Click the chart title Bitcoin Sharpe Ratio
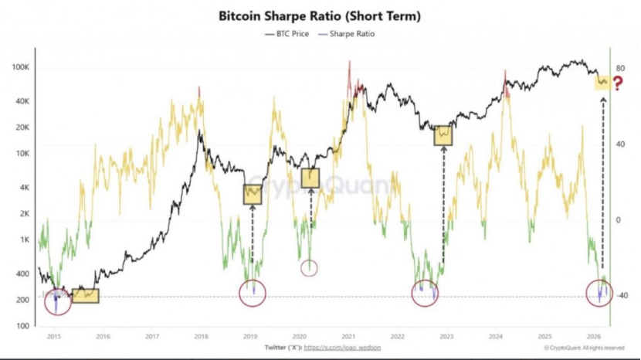pyautogui.click(x=320, y=15)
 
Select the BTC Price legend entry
pyautogui.click(x=291, y=35)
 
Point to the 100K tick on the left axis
pyautogui.click(x=20, y=68)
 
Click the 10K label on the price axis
pyautogui.click(x=22, y=154)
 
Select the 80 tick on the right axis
pyautogui.click(x=619, y=69)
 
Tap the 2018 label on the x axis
pyautogui.click(x=201, y=337)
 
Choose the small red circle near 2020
pyautogui.click(x=309, y=268)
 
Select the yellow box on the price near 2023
pyautogui.click(x=443, y=135)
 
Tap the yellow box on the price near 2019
pyautogui.click(x=253, y=194)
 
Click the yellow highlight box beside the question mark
pyautogui.click(x=602, y=81)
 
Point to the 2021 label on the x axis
pyautogui.click(x=348, y=337)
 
